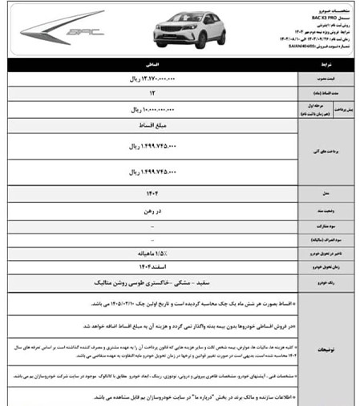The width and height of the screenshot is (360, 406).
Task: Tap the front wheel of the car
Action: (172, 40)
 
